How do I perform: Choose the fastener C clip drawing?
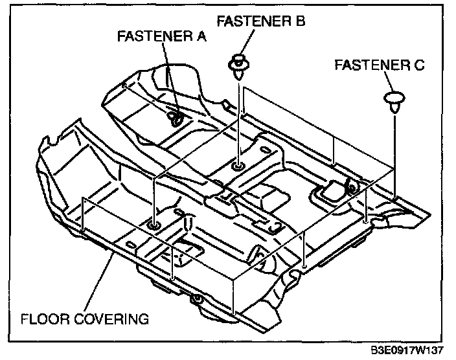pyautogui.click(x=393, y=100)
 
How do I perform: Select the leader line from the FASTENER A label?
pyautogui.click(x=168, y=78)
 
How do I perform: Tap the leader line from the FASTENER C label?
pyautogui.click(x=391, y=83)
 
